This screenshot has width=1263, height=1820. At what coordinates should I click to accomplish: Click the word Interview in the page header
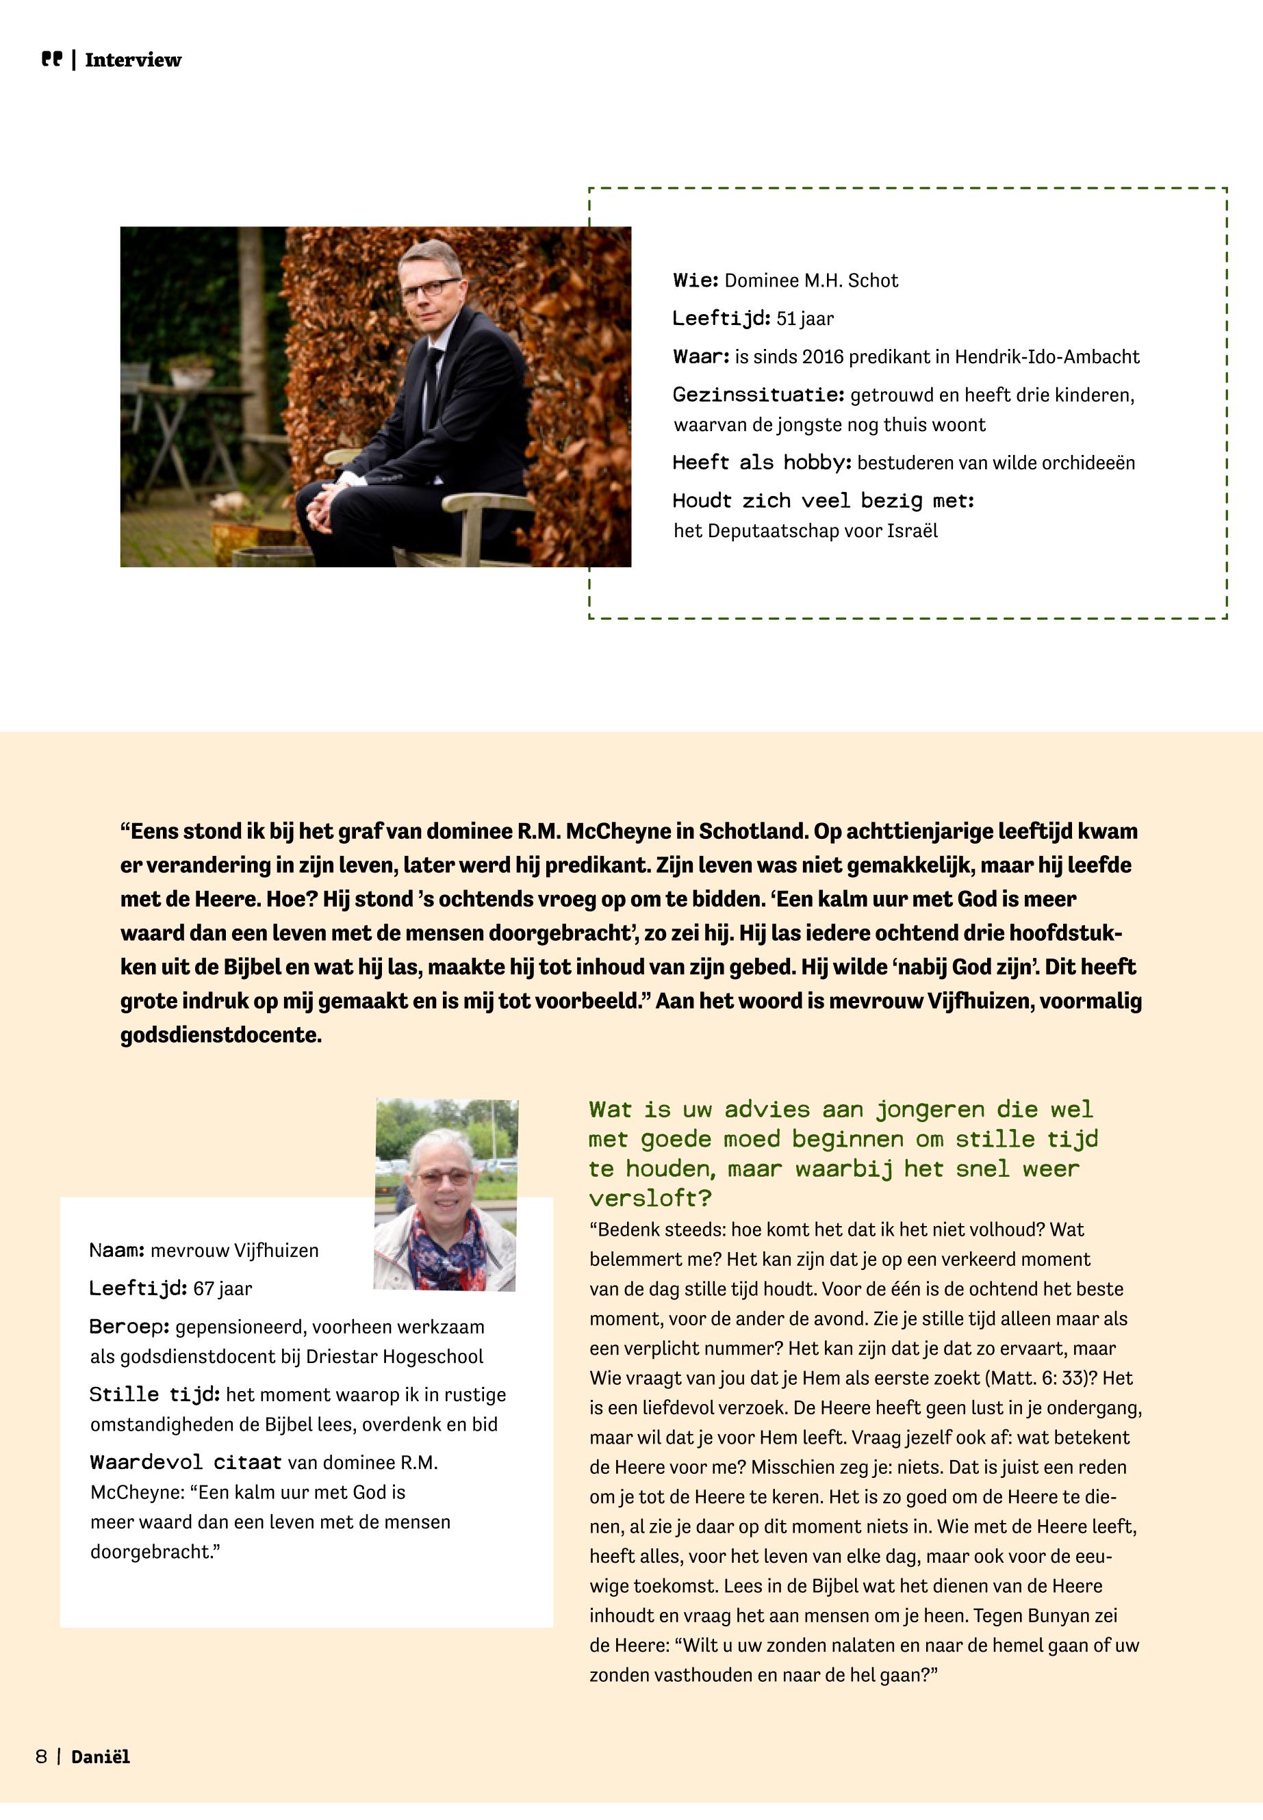pyautogui.click(x=133, y=60)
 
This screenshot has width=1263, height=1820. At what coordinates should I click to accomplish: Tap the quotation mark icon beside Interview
pyautogui.click(x=51, y=60)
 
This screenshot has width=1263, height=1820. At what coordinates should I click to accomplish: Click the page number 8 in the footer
pyautogui.click(x=41, y=1757)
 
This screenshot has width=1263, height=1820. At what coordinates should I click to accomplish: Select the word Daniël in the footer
pyautogui.click(x=101, y=1757)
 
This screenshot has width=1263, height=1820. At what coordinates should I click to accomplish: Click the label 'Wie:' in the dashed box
pyautogui.click(x=696, y=281)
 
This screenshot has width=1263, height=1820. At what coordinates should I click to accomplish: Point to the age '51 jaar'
pyautogui.click(x=805, y=319)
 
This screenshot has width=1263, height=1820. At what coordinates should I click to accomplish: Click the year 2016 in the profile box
pyautogui.click(x=822, y=356)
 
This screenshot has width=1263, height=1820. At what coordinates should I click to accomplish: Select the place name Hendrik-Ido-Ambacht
pyautogui.click(x=1047, y=356)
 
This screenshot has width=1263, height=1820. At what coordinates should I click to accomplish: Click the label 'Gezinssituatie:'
pyautogui.click(x=758, y=395)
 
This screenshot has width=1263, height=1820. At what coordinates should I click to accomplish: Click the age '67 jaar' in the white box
pyautogui.click(x=222, y=1288)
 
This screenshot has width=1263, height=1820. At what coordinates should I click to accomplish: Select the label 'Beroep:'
pyautogui.click(x=129, y=1327)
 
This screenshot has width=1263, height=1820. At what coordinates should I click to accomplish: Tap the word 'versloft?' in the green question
pyautogui.click(x=650, y=1198)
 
